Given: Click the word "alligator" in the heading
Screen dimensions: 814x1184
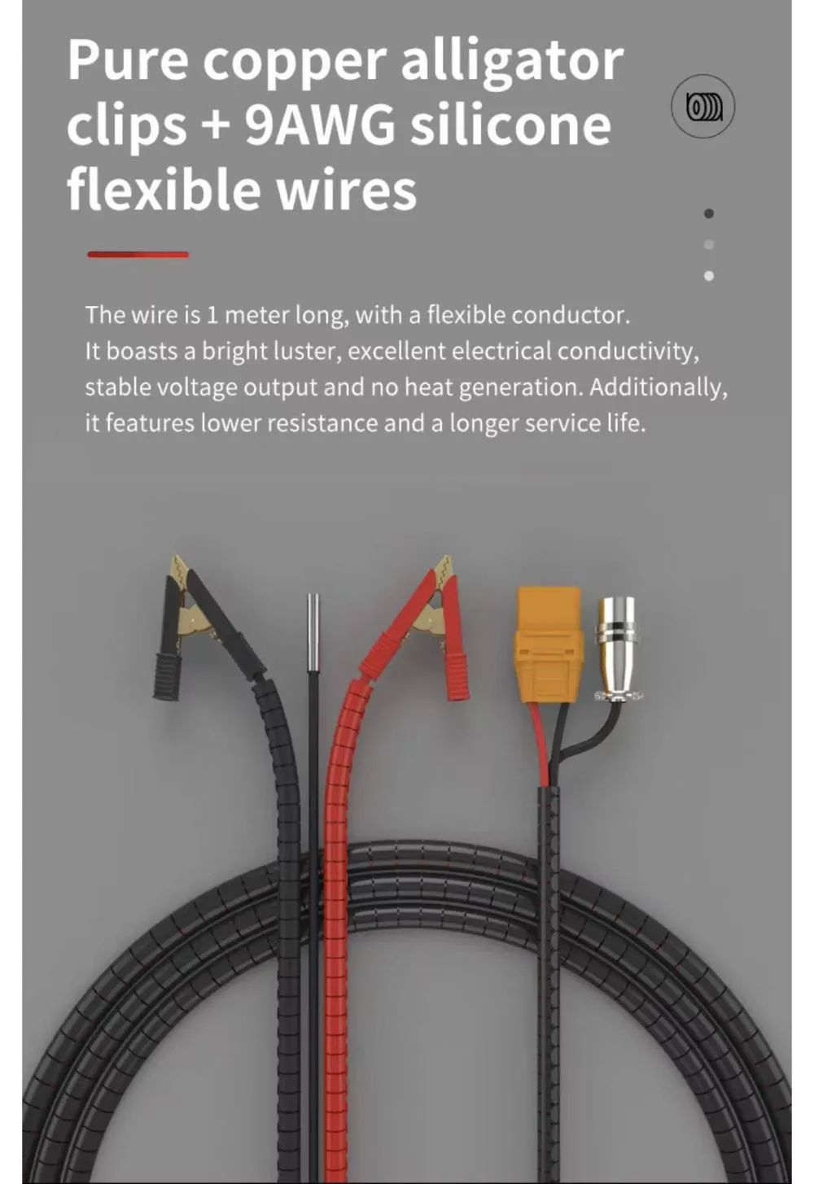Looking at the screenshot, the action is pyautogui.click(x=512, y=63).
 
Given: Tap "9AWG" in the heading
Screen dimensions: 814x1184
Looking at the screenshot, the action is pyautogui.click(x=320, y=125).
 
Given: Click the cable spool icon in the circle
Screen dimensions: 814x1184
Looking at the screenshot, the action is pyautogui.click(x=702, y=107).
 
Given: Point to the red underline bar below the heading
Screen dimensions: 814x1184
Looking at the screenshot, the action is pyautogui.click(x=138, y=255).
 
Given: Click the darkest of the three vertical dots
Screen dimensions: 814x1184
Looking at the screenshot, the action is pyautogui.click(x=709, y=213).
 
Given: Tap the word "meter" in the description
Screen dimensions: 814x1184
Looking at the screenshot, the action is pyautogui.click(x=257, y=316).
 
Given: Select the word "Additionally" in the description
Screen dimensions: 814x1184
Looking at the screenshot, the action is pyautogui.click(x=658, y=387).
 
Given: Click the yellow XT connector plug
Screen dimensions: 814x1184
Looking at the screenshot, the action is pyautogui.click(x=549, y=644).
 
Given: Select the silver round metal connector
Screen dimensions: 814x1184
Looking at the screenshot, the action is pyautogui.click(x=615, y=649).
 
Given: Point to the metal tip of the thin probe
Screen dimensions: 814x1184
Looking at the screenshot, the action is pyautogui.click(x=313, y=633).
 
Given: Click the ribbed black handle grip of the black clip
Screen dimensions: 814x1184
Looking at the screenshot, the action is pyautogui.click(x=167, y=677).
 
